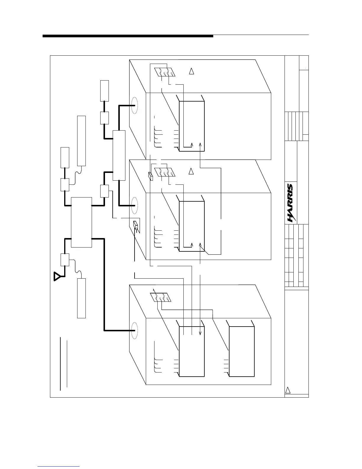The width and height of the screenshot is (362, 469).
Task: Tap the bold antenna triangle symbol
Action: [x=57, y=276]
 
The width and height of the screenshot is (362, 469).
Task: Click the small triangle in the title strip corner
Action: [x=288, y=390]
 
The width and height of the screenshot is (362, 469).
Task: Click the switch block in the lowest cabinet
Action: [x=161, y=297]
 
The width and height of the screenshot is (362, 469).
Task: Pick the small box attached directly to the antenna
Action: [x=65, y=260]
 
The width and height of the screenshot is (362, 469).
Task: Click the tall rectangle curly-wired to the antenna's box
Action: [x=81, y=298]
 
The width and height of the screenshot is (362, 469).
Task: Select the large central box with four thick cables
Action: [x=81, y=222]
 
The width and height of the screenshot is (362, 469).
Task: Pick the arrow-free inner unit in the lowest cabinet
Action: [x=242, y=351]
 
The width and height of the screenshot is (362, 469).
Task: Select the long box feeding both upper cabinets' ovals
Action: [x=119, y=155]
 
